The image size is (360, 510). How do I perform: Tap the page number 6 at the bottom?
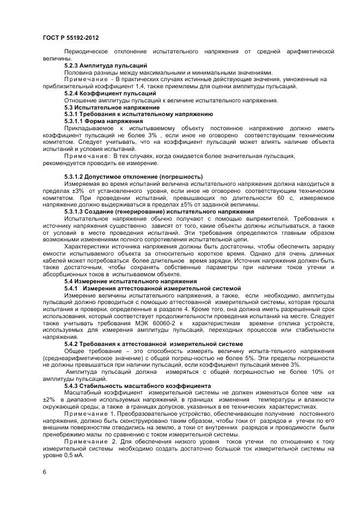[44, 472]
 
